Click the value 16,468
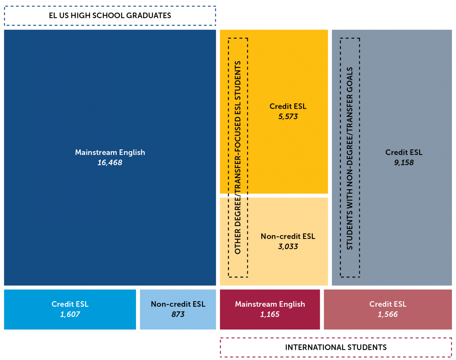tap(110, 163)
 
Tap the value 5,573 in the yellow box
tap(288, 117)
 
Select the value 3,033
tap(288, 247)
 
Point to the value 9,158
tap(404, 163)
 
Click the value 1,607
tap(70, 314)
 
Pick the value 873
tap(178, 314)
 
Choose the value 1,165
tap(270, 314)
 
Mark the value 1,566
tap(388, 314)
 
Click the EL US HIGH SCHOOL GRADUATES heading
tap(110, 16)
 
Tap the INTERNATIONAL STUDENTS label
tap(336, 347)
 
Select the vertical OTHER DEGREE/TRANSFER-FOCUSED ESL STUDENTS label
tap(238, 157)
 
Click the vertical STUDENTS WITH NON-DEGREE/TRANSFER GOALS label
tap(350, 158)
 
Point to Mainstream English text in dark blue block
tap(110, 152)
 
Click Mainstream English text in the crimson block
tap(270, 304)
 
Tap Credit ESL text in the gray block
tap(404, 152)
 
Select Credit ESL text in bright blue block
tap(70, 304)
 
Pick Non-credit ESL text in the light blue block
tap(178, 304)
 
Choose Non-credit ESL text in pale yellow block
tap(288, 237)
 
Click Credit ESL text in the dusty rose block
tap(388, 304)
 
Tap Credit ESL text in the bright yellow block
tap(288, 107)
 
